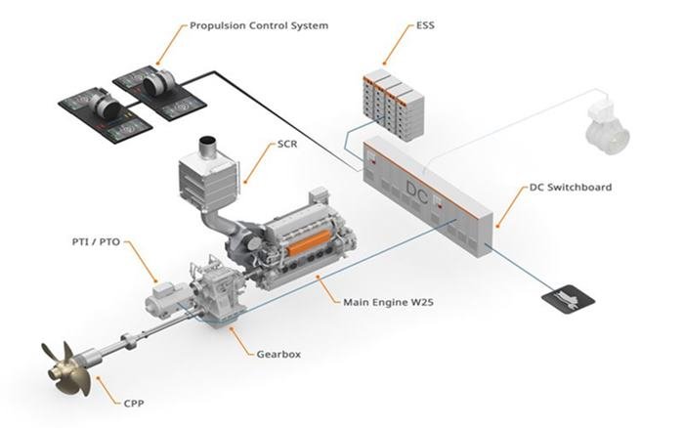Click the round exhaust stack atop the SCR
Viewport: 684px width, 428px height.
tap(207, 147)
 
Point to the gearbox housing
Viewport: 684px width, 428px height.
tap(221, 288)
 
